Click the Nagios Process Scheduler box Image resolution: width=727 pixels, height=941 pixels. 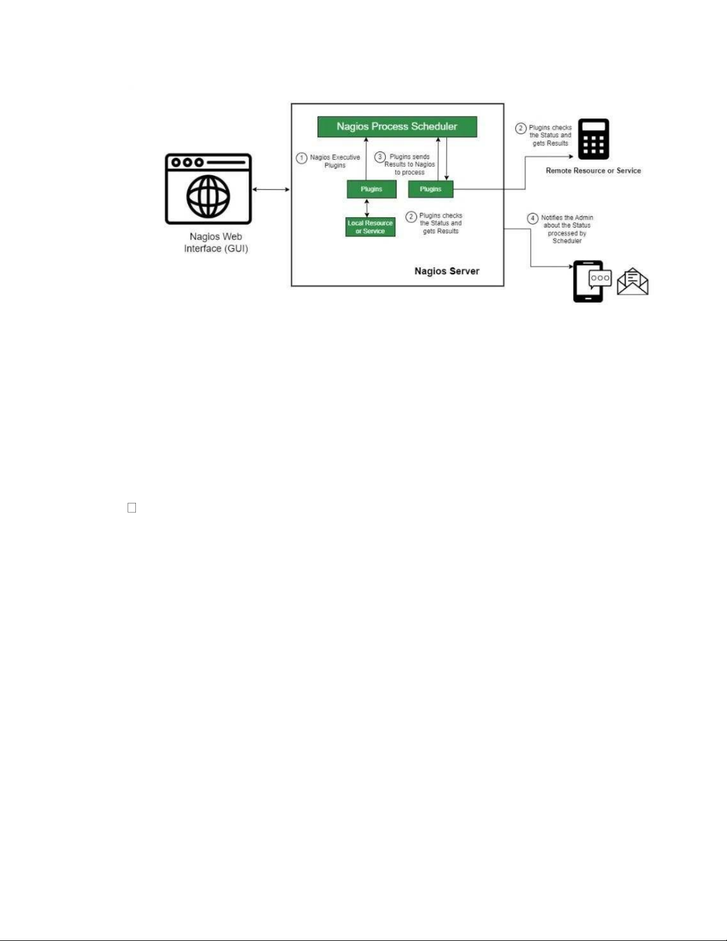[x=397, y=126]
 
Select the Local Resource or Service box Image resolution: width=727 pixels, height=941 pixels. [x=370, y=227]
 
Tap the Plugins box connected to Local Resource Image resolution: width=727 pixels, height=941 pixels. [x=372, y=189]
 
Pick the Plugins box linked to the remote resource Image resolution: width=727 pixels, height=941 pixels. [x=431, y=189]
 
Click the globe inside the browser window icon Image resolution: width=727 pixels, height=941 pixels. [x=208, y=197]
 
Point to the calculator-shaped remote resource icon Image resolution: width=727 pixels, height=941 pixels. [x=593, y=139]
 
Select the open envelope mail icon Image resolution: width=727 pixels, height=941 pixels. [x=633, y=281]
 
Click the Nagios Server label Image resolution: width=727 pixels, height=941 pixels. [x=447, y=271]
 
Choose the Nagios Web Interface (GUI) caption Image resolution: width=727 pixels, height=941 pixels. [x=216, y=242]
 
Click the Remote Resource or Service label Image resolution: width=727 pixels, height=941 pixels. [x=593, y=170]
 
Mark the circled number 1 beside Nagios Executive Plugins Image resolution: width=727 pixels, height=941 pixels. [x=301, y=158]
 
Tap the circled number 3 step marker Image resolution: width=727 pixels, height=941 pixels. [x=380, y=157]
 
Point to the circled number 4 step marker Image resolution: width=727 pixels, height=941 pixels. [x=533, y=218]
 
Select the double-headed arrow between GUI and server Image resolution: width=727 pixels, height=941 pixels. [x=271, y=189]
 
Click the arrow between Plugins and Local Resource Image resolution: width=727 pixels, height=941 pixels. [x=367, y=208]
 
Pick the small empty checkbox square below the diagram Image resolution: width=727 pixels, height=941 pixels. [x=132, y=508]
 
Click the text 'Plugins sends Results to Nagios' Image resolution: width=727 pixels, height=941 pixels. [x=410, y=161]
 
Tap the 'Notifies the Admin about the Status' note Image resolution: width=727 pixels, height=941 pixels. [x=567, y=221]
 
